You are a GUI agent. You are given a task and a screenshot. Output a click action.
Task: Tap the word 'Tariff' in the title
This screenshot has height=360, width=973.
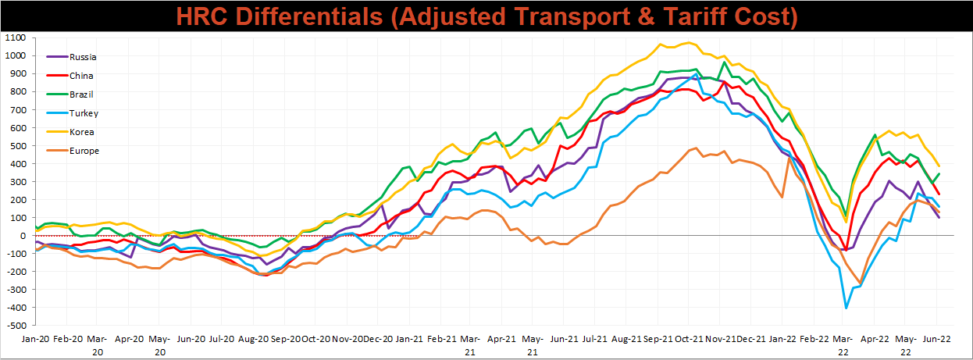click(693, 16)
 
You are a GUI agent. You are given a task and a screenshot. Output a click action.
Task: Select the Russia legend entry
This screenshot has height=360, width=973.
click(72, 57)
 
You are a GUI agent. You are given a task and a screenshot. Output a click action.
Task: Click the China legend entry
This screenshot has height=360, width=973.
click(70, 76)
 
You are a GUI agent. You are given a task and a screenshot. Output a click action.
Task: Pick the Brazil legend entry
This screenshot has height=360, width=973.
click(70, 94)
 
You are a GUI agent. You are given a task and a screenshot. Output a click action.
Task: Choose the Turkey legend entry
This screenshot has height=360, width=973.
click(73, 113)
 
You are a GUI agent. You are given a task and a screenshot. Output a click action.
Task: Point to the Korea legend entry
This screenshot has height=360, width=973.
click(70, 131)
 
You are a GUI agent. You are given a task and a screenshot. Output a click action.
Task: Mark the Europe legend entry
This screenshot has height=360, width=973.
click(73, 151)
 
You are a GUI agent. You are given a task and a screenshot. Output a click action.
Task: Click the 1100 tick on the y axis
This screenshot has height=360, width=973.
click(15, 37)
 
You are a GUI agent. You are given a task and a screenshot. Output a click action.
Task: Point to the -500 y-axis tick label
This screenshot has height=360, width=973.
click(16, 326)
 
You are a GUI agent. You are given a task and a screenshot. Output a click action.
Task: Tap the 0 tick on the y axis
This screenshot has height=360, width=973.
click(23, 236)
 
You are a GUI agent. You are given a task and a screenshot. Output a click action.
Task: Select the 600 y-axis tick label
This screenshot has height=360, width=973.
click(17, 127)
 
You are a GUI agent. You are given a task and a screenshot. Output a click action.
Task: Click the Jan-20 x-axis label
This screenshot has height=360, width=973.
click(36, 339)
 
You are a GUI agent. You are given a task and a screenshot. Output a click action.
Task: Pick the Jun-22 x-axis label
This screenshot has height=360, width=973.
click(937, 339)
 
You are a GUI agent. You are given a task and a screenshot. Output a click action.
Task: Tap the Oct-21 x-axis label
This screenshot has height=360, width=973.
click(689, 339)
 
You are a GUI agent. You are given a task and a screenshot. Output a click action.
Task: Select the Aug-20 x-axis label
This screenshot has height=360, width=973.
click(254, 339)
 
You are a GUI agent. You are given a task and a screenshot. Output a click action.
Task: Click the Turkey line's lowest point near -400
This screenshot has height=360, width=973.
click(846, 308)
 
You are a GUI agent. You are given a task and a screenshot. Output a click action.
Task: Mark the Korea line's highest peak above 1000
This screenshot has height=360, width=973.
click(689, 42)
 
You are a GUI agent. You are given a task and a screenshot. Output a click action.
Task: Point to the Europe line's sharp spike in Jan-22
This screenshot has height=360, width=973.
click(789, 158)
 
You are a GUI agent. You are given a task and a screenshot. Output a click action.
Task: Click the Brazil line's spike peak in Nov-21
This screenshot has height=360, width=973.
click(724, 62)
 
